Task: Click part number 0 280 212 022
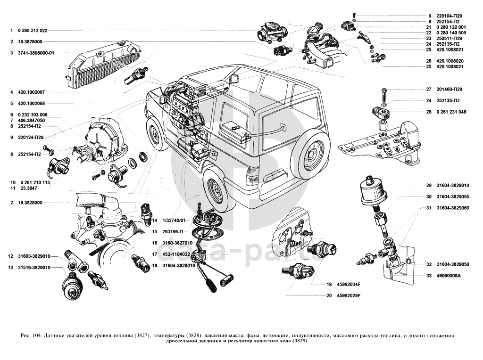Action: (33, 30)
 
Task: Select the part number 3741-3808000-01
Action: (36, 53)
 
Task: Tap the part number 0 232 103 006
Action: (33, 115)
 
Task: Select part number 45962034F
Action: (349, 284)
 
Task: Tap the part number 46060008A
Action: (448, 276)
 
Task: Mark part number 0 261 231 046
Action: (451, 112)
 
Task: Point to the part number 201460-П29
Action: (449, 89)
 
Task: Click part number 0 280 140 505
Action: (451, 33)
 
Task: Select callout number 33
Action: (429, 276)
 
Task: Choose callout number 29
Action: (429, 185)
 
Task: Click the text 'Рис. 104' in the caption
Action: (31, 335)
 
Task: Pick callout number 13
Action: (10, 268)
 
